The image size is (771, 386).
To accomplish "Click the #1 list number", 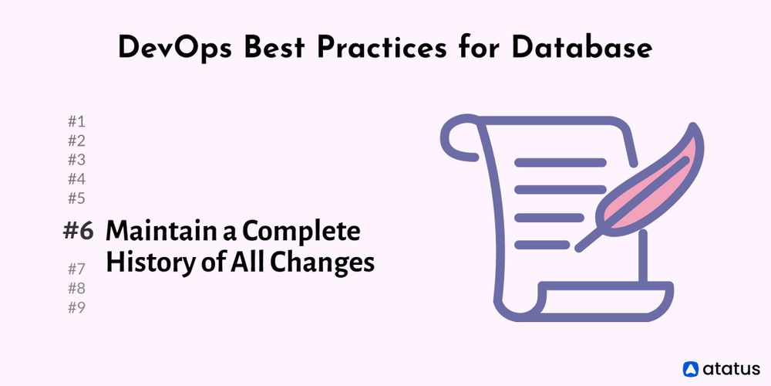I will tap(76, 121).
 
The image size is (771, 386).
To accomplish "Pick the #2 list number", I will tap(76, 141).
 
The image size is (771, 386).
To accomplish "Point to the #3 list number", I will tap(76, 160).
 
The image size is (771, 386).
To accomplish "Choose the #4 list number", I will tap(76, 179).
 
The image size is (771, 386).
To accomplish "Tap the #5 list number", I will tap(76, 198).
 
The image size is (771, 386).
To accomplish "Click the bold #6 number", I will tap(78, 231).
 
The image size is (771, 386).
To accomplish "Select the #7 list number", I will tap(76, 269).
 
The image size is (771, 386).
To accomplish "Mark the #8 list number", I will tap(76, 289).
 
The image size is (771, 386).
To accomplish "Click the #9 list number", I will tap(76, 308).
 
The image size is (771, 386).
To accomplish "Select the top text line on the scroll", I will tap(561, 163).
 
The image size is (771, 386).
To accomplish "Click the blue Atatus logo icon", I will tap(691, 368).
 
